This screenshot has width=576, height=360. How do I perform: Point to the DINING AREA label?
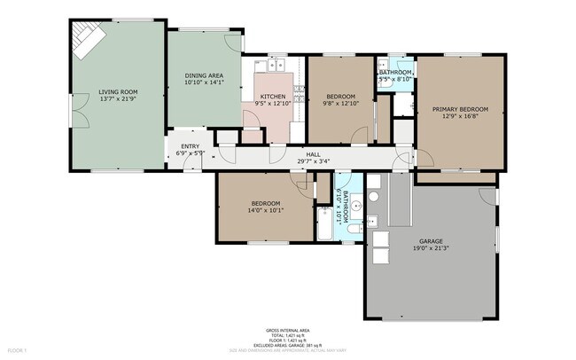(x=203, y=76)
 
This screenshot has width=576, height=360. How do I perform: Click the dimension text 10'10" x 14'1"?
(x=203, y=84)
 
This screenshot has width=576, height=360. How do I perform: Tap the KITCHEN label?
(x=272, y=96)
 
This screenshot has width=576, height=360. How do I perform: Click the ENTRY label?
(x=190, y=146)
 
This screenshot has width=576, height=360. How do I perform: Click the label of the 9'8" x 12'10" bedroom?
(x=340, y=96)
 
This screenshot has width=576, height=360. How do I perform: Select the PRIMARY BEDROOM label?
(x=460, y=110)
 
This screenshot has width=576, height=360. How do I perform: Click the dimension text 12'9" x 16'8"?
(x=460, y=117)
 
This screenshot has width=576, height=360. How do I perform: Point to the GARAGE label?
(x=432, y=240)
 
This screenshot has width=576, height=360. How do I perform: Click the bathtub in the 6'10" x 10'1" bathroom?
(x=324, y=224)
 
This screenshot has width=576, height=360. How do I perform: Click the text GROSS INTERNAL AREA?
(x=288, y=329)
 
